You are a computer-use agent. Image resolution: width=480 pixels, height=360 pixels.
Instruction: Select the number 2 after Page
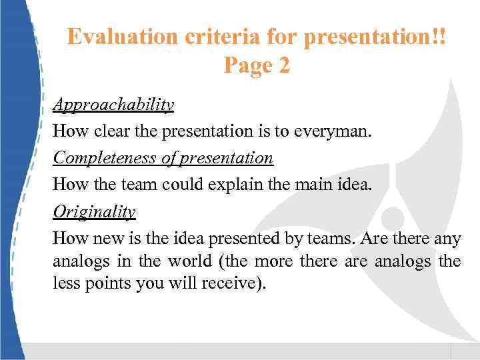pyautogui.click(x=284, y=65)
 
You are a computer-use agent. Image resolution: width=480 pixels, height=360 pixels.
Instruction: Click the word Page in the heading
pyautogui.click(x=246, y=65)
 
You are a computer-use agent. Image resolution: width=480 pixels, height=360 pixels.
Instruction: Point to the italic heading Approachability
pyautogui.click(x=113, y=105)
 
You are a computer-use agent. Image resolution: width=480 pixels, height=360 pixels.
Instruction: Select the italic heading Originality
pyautogui.click(x=94, y=211)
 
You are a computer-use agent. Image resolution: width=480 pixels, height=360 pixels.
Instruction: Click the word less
pyautogui.click(x=65, y=283)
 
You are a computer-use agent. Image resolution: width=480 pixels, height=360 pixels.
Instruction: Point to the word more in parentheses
pyautogui.click(x=274, y=260)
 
